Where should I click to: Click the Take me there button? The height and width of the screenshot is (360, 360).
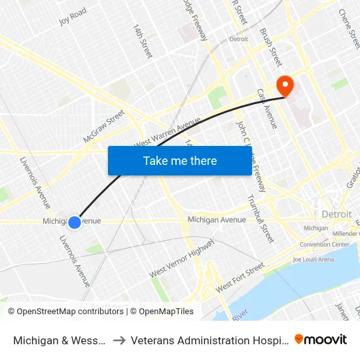180,160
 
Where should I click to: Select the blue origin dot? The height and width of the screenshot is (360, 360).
75,223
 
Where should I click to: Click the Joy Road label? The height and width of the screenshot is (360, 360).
73,16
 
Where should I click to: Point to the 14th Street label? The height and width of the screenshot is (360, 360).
143,41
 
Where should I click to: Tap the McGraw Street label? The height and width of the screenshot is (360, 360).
104,126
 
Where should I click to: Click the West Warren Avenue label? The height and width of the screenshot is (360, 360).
168,133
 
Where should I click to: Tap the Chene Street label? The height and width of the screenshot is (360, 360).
349,27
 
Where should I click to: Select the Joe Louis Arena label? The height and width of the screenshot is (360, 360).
313,259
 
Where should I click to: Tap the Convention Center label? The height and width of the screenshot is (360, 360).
324,245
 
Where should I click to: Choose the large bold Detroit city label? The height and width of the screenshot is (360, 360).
336,214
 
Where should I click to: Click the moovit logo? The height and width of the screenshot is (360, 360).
321,339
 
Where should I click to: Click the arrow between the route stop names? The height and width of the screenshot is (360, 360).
120,340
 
